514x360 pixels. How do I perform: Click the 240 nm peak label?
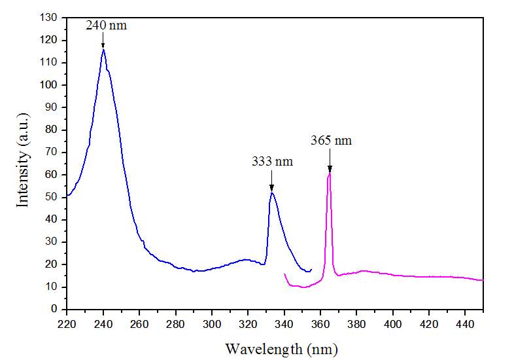[107, 26]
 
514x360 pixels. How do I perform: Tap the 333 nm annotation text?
[272, 160]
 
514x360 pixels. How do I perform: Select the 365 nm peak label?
[331, 140]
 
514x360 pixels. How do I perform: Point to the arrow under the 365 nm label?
[330, 160]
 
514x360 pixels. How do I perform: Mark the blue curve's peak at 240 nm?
[103, 50]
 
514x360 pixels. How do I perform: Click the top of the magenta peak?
[330, 173]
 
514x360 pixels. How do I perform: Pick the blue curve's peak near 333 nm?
[271, 192]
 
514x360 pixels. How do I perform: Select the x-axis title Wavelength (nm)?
[281, 348]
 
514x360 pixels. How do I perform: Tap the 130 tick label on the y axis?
[49, 18]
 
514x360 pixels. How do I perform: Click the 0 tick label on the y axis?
[56, 309]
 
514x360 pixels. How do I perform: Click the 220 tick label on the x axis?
[67, 323]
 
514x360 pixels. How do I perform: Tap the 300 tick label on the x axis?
[211, 323]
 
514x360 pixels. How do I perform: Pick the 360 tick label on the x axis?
[320, 323]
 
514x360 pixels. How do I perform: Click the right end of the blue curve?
[311, 269]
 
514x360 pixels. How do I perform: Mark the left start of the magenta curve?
[284, 274]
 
